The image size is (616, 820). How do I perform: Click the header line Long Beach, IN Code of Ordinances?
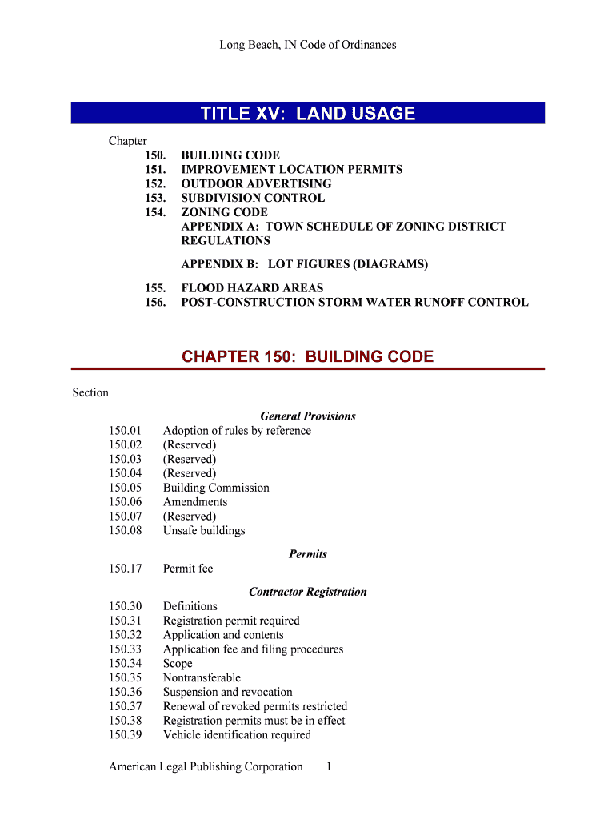[308, 45]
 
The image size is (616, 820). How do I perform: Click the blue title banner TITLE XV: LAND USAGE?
[308, 114]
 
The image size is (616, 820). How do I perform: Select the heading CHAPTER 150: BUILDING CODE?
[308, 356]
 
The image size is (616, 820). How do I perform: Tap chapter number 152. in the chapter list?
[156, 183]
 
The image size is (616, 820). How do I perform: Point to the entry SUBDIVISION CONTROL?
[253, 198]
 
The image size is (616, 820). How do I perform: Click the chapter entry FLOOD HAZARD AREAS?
[252, 287]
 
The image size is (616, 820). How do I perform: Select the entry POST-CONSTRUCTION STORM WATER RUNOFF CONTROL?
[354, 302]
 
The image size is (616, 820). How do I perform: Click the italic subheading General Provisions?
[308, 416]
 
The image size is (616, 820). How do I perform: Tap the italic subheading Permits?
[308, 554]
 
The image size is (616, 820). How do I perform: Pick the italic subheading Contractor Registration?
[308, 592]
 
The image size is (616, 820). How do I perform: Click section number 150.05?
[126, 488]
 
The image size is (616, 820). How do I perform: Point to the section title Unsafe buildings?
[204, 531]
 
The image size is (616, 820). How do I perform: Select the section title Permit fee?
[188, 569]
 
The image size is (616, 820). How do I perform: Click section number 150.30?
[126, 606]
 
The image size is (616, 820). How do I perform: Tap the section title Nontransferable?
[202, 677]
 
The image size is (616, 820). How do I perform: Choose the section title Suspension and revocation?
[228, 692]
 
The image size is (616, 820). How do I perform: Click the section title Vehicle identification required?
[237, 735]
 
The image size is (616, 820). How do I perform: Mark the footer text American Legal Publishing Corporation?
[206, 767]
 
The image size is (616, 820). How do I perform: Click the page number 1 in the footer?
[329, 767]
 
